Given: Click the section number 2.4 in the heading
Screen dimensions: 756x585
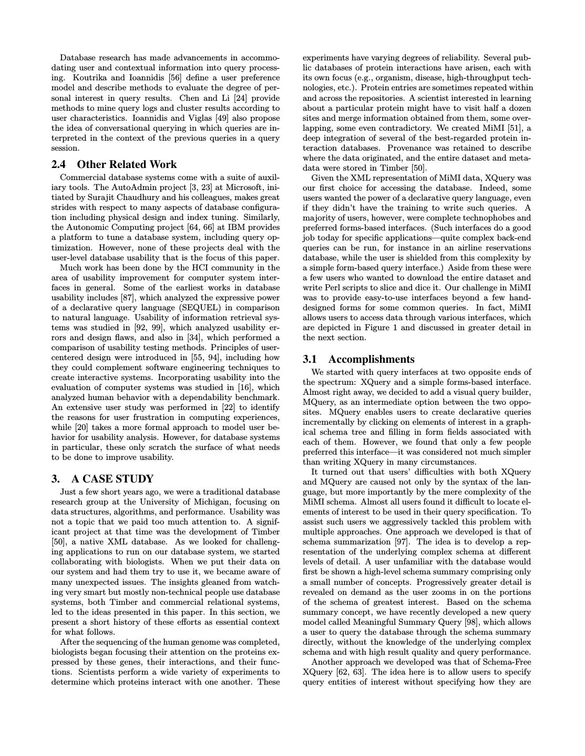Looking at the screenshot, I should click(60, 164).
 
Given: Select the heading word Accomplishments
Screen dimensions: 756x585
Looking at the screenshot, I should click(371, 359).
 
